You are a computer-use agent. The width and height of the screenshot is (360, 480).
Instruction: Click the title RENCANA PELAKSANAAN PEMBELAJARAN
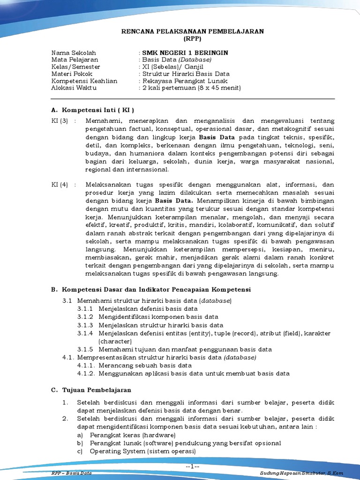click(x=193, y=31)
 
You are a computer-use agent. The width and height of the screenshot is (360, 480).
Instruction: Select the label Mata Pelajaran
click(x=75, y=60)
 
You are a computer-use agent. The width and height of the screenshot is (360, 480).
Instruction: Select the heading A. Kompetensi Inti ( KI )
click(x=92, y=110)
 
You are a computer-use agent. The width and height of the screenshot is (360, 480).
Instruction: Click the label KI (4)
click(x=60, y=184)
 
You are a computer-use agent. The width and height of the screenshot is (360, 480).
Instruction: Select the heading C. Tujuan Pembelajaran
click(x=91, y=390)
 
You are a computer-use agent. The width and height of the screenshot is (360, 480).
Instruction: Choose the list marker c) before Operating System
click(x=80, y=451)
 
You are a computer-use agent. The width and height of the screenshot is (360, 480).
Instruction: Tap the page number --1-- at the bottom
click(x=193, y=466)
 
